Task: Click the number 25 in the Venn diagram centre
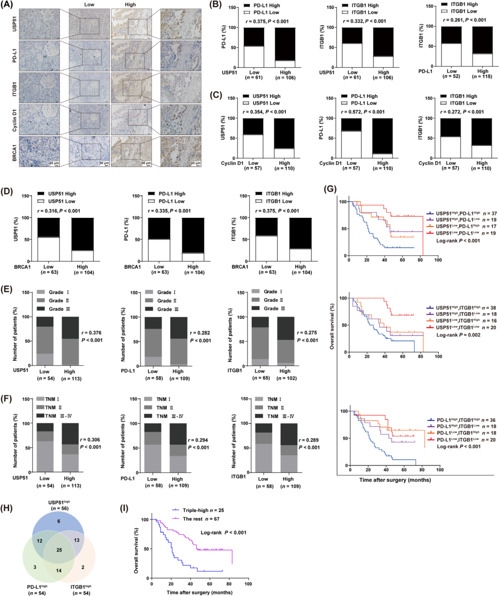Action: point(59,550)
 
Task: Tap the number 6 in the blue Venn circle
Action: point(59,521)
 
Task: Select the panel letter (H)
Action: point(6,508)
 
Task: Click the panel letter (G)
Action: point(330,189)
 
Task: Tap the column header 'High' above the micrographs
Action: point(130,5)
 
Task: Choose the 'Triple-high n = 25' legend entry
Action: point(203,510)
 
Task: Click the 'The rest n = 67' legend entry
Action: point(201,519)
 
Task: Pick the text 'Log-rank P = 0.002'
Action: point(458,335)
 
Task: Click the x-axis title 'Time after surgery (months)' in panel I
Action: point(199,592)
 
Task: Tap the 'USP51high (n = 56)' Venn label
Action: point(59,505)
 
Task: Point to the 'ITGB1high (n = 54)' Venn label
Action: point(81,590)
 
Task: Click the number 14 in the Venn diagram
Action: point(59,570)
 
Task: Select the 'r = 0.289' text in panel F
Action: point(309,440)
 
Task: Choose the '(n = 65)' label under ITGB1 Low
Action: point(260,378)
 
